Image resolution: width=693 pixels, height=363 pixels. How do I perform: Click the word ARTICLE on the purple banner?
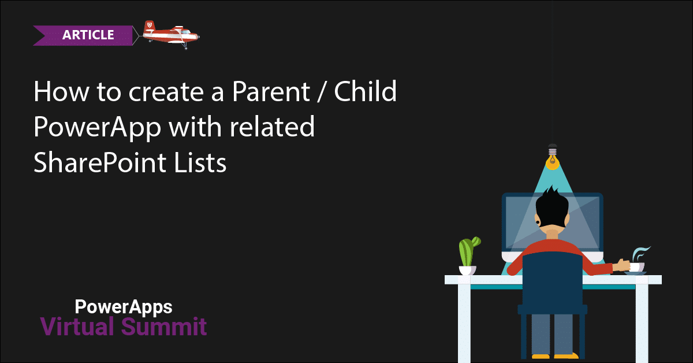pyautogui.click(x=88, y=35)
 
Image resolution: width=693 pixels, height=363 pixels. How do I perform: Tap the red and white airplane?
pyautogui.click(x=170, y=34)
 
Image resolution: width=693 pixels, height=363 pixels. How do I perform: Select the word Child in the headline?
pyautogui.click(x=368, y=93)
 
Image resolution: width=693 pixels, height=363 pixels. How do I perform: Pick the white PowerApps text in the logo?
pyautogui.click(x=123, y=306)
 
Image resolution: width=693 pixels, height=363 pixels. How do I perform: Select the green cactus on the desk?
pyautogui.click(x=467, y=251)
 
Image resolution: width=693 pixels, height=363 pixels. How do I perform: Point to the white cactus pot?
pyautogui.click(x=467, y=270)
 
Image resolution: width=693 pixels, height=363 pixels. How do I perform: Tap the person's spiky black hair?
pyautogui.click(x=552, y=205)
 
